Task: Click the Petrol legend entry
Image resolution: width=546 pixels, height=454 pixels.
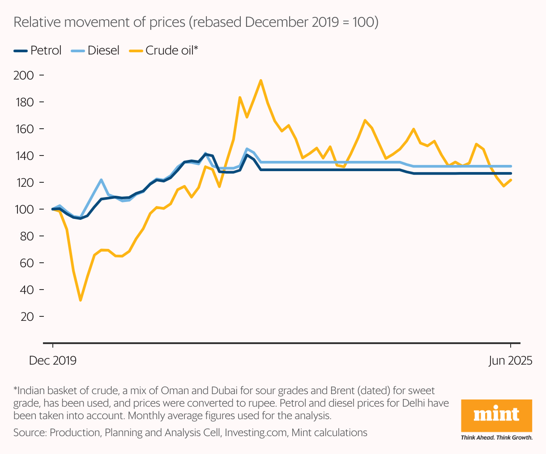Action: tap(38, 50)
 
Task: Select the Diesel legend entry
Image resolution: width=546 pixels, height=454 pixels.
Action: tap(95, 50)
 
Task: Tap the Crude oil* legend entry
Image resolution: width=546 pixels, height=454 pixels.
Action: tap(164, 50)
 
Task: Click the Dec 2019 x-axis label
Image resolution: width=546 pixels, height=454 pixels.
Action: tap(53, 361)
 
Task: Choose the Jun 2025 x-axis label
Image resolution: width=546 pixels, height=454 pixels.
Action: tap(510, 361)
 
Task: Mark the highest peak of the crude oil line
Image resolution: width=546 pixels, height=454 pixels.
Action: tap(260, 80)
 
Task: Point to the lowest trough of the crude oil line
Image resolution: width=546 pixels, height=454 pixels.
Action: tap(81, 300)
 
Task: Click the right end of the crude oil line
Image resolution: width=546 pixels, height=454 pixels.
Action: tap(511, 180)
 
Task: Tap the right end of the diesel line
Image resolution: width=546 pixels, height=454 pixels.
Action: tap(511, 166)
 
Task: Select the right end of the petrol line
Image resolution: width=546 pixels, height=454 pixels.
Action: tap(511, 173)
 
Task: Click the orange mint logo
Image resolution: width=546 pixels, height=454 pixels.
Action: tap(496, 416)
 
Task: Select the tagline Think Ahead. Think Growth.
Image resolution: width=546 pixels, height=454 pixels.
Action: tap(496, 437)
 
